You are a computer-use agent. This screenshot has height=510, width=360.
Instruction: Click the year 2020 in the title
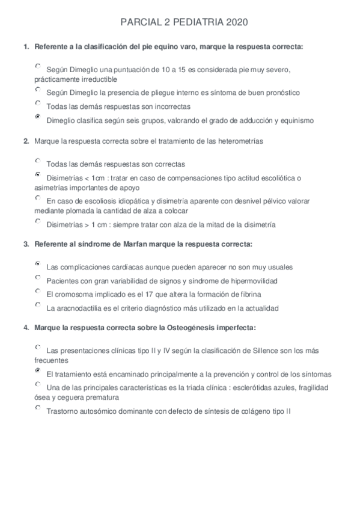coord(236,22)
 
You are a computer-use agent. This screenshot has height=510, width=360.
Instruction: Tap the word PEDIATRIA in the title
coord(194,22)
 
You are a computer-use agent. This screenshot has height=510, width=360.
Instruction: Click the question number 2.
coord(25,141)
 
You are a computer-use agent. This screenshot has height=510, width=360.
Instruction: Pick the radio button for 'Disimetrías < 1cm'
coord(38,174)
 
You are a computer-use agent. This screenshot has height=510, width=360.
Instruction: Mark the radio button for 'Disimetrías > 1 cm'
coord(38,221)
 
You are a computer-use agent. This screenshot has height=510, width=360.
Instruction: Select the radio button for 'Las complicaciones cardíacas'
coord(38,263)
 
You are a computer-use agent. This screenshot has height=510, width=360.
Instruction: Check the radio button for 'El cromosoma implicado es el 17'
coord(38,291)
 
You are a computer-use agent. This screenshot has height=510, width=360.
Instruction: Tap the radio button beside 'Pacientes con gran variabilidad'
coord(38,277)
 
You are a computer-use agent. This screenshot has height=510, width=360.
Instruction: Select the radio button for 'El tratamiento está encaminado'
coord(38,371)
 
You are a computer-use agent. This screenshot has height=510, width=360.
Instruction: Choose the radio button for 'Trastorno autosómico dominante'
coord(38,408)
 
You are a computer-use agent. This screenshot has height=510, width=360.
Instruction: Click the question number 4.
coord(25,328)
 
